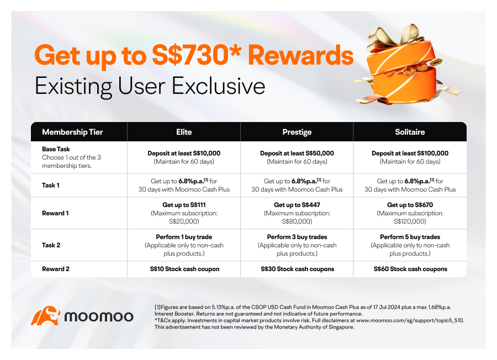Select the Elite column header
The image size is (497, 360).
(184, 132)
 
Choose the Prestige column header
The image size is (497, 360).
(297, 132)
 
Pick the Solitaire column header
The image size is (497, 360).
(410, 132)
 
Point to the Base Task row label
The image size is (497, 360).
(56, 149)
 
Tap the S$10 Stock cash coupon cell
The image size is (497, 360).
(184, 269)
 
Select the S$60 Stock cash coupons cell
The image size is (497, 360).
(410, 269)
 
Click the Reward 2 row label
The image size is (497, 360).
(56, 269)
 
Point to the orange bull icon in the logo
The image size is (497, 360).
(46, 316)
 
